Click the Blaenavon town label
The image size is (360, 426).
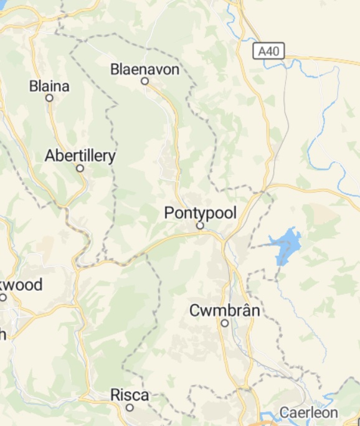pyautogui.click(x=144, y=69)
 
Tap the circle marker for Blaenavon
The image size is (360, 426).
pyautogui.click(x=144, y=81)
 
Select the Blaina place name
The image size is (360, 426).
pyautogui.click(x=49, y=87)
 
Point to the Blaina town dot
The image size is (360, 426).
pyautogui.click(x=49, y=98)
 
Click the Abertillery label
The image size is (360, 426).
pyautogui.click(x=80, y=156)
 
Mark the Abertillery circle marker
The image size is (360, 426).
pyautogui.click(x=80, y=168)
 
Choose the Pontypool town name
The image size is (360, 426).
pyautogui.click(x=201, y=213)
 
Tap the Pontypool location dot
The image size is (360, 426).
pyautogui.click(x=201, y=225)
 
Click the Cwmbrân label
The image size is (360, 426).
pyautogui.click(x=225, y=310)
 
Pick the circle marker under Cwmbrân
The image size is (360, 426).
pyautogui.click(x=225, y=323)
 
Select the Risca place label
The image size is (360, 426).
pyautogui.click(x=130, y=395)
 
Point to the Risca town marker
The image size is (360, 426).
pyautogui.click(x=130, y=407)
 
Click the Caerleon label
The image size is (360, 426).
pyautogui.click(x=308, y=412)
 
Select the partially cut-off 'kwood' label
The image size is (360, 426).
pyautogui.click(x=21, y=285)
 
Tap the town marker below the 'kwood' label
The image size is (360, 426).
pyautogui.click(x=3, y=297)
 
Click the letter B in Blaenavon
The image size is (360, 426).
pyautogui.click(x=115, y=69)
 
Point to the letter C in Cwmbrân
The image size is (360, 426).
pyautogui.click(x=194, y=310)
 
